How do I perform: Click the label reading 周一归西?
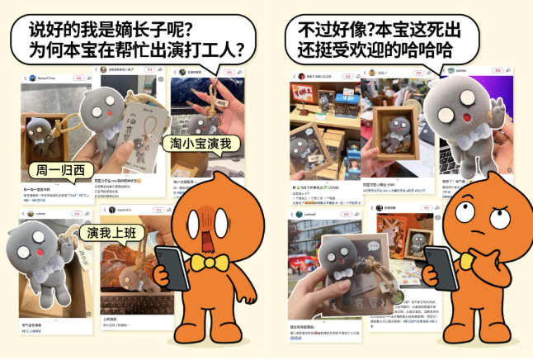tap(56, 171)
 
